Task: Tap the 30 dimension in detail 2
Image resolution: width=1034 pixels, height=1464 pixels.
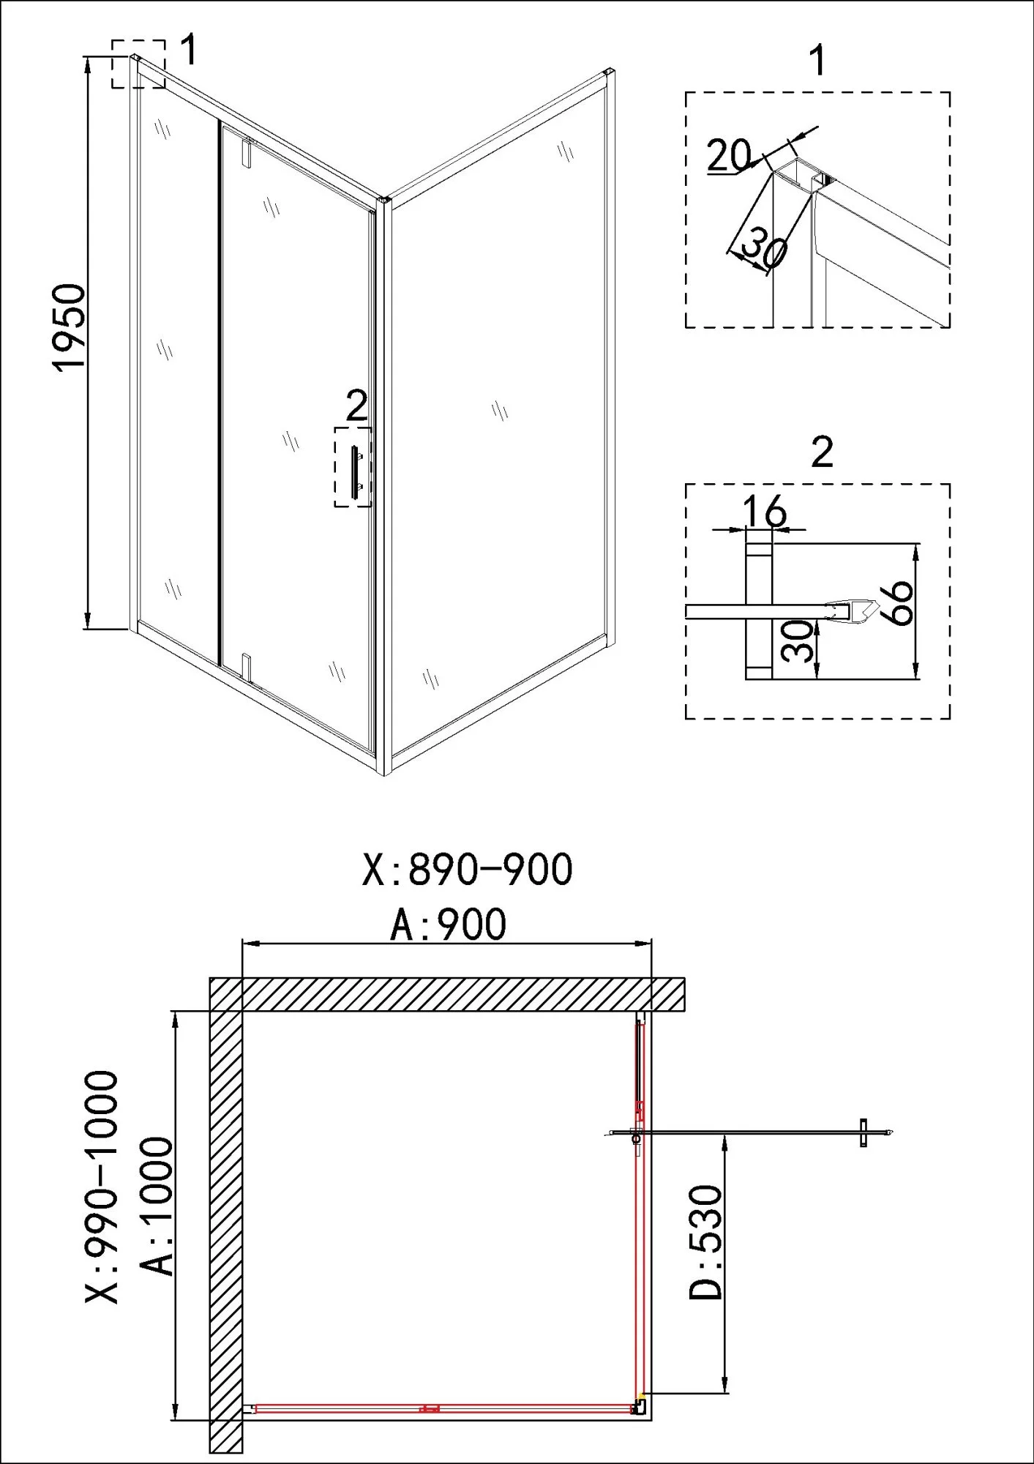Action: [796, 640]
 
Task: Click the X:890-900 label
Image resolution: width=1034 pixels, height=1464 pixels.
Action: [468, 870]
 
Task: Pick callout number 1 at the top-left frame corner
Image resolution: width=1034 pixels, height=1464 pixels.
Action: [189, 49]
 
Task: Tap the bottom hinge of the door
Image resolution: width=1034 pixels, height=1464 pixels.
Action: [248, 665]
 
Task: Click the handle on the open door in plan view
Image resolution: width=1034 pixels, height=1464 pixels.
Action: [863, 1133]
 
